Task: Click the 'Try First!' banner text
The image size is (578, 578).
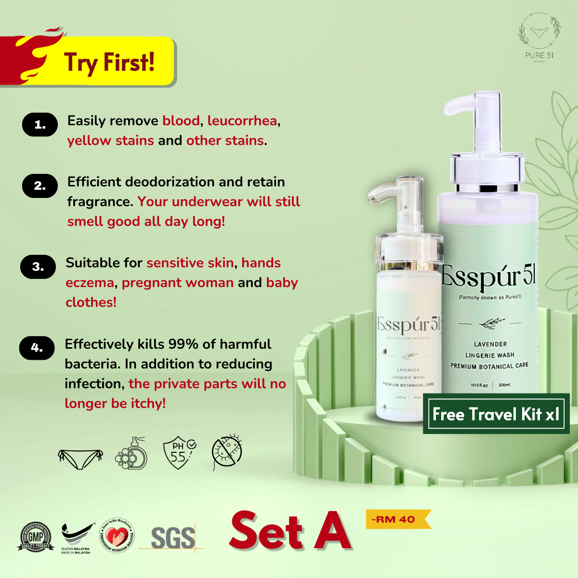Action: pyautogui.click(x=109, y=63)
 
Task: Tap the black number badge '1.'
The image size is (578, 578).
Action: pyautogui.click(x=40, y=125)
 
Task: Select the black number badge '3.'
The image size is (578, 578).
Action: pyautogui.click(x=38, y=266)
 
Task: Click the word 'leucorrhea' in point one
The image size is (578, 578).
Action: pyautogui.click(x=242, y=120)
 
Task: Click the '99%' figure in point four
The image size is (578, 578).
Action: pyautogui.click(x=183, y=344)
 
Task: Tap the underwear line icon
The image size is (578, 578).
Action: pyautogui.click(x=80, y=458)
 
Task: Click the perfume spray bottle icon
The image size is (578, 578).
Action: pyautogui.click(x=131, y=453)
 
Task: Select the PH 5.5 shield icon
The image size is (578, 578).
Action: pyautogui.click(x=179, y=453)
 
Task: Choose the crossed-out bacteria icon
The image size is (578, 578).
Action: pyautogui.click(x=227, y=452)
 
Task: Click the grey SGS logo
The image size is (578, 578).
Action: pyautogui.click(x=172, y=538)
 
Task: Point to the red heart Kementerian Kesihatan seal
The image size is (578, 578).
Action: pyautogui.click(x=117, y=536)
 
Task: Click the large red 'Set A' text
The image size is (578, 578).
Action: pyautogui.click(x=290, y=531)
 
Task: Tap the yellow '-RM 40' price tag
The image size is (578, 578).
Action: pyautogui.click(x=397, y=519)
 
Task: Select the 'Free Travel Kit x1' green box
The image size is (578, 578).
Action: pyautogui.click(x=496, y=414)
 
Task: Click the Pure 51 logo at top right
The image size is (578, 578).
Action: pyautogui.click(x=539, y=39)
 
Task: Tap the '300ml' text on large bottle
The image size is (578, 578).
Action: pyautogui.click(x=504, y=385)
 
